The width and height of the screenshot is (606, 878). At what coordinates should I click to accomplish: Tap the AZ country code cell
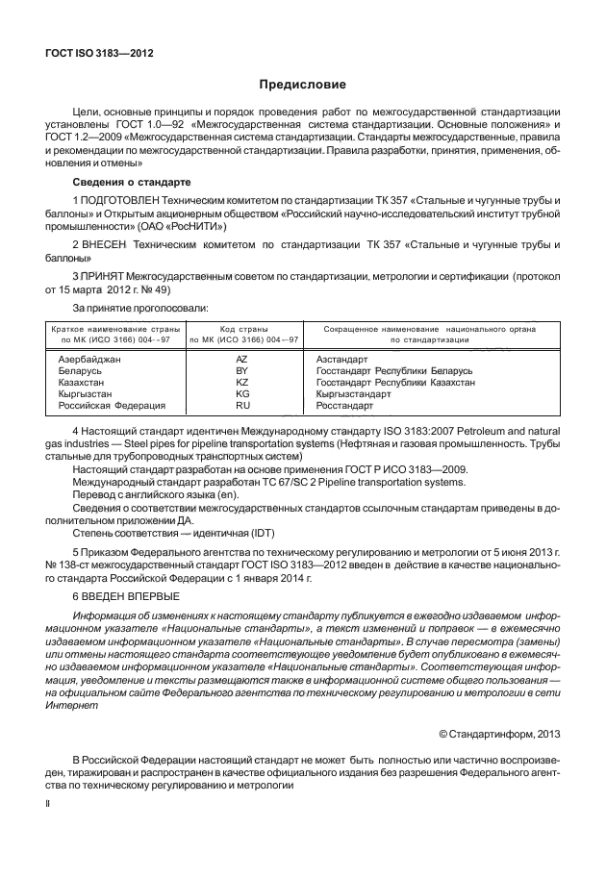coord(242,358)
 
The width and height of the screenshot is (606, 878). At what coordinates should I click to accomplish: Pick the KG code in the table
coord(242,394)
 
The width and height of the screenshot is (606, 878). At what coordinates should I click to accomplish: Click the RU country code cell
coord(242,406)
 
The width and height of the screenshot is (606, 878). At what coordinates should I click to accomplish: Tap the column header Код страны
coord(242,329)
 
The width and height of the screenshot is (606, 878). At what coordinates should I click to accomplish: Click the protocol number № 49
coord(160,289)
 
